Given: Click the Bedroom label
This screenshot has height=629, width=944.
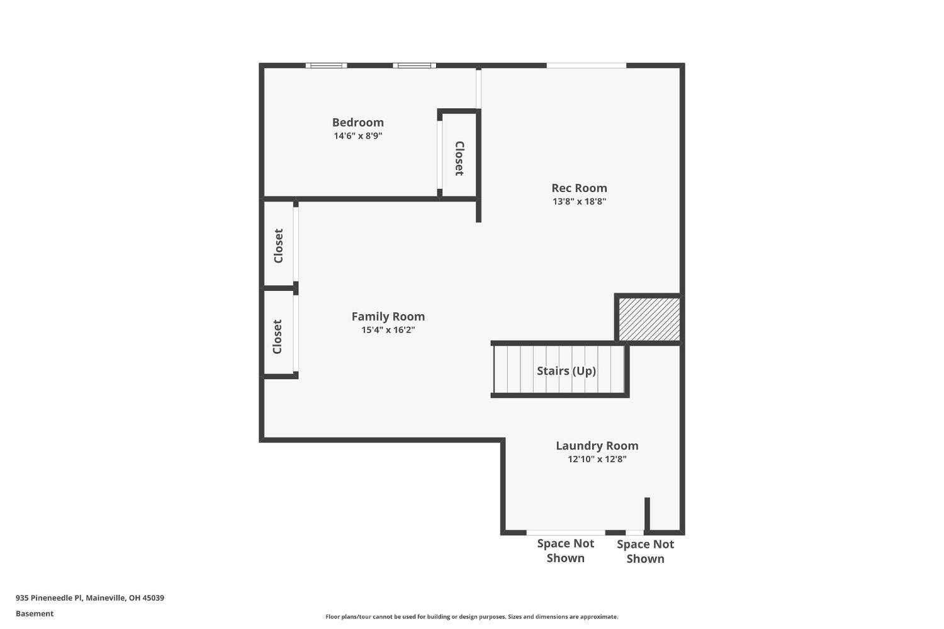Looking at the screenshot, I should [357, 122].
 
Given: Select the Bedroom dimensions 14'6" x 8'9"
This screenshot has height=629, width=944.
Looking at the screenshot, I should [357, 136].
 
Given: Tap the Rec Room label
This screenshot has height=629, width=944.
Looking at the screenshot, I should [579, 188].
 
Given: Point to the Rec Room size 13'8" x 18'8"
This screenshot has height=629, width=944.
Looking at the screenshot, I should [579, 201].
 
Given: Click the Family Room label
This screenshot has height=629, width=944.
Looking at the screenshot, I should [388, 316].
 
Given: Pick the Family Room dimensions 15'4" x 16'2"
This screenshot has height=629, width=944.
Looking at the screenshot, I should [388, 330].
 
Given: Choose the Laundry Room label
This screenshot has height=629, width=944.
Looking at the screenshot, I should [597, 445].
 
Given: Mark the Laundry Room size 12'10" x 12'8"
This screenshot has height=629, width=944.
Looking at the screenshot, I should [597, 459].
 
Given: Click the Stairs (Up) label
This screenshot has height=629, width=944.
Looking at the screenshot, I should [566, 371].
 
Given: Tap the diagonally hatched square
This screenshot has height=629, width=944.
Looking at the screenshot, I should [649, 319].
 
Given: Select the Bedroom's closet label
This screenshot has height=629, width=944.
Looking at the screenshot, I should [459, 158].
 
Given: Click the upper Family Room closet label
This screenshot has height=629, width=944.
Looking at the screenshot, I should [279, 246].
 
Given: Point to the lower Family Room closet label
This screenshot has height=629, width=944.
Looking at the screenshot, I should [278, 336].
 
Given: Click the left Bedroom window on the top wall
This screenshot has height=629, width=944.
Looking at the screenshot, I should [326, 65].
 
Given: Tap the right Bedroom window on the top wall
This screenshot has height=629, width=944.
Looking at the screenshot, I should [414, 65].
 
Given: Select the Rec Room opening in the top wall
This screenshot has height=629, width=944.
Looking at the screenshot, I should [586, 65].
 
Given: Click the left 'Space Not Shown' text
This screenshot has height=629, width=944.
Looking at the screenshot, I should [565, 550].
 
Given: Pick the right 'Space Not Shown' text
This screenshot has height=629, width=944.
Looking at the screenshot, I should [645, 551].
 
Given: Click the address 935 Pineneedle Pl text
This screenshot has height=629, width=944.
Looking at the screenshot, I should [89, 598].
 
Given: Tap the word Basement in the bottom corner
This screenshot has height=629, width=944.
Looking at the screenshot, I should [35, 613].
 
